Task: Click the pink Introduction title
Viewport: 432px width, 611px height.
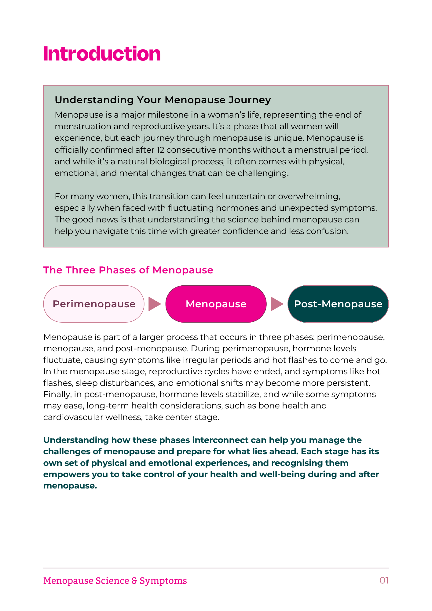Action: (102, 54)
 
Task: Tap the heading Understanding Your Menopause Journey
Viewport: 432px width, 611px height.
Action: (163, 100)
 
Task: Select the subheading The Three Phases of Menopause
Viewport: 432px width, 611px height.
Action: (128, 270)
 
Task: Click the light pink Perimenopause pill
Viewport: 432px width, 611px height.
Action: (94, 304)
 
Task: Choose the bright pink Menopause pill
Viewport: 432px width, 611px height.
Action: (216, 304)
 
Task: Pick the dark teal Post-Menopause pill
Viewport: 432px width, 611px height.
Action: (338, 304)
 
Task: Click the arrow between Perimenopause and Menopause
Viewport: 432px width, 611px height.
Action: (154, 304)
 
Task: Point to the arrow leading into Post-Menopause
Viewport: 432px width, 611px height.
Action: (277, 304)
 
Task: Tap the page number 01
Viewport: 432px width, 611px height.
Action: (384, 580)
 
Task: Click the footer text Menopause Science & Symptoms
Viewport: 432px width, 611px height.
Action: (115, 580)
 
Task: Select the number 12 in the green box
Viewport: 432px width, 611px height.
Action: (160, 150)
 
